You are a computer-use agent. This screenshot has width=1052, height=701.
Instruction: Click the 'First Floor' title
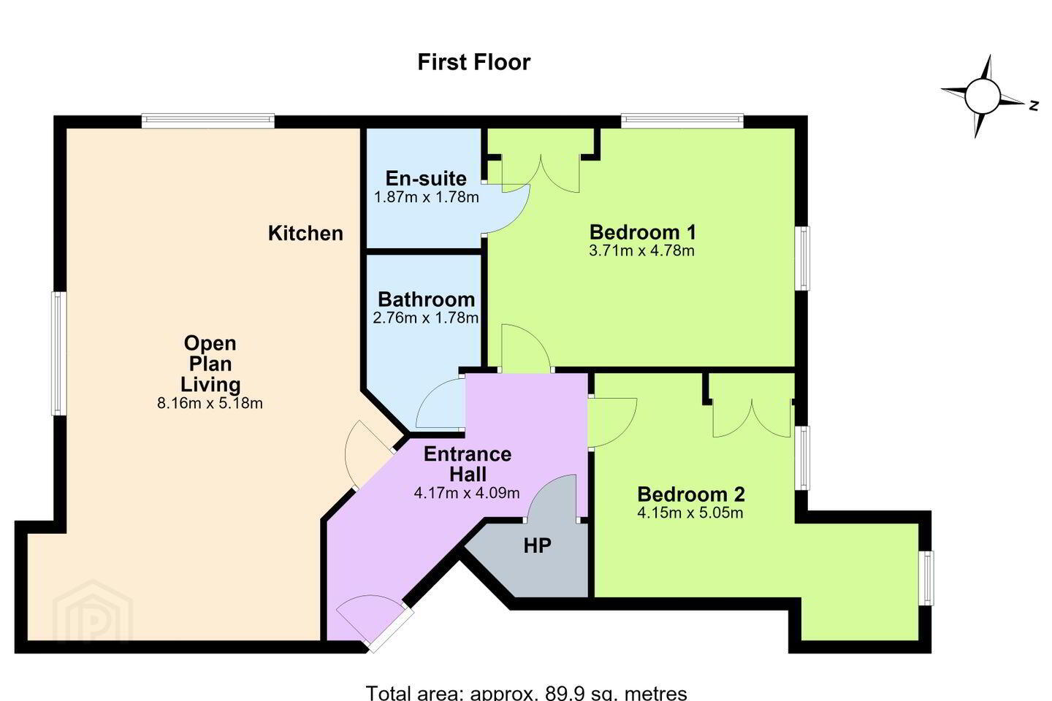pos(474,63)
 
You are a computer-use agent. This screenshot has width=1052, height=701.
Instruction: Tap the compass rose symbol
pos(983,96)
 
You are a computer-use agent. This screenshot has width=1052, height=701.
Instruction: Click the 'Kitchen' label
pos(305,234)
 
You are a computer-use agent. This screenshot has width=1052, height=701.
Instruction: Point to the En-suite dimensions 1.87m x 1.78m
pos(427,197)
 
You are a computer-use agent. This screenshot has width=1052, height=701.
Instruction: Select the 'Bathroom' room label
pos(427,299)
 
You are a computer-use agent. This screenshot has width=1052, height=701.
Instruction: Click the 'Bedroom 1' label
pos(642,232)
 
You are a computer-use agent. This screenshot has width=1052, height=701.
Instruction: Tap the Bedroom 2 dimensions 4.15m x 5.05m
pos(690,513)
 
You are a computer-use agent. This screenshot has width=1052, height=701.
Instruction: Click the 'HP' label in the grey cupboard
pos(537,545)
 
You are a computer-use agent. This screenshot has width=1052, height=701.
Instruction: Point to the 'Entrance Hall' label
pos(468,464)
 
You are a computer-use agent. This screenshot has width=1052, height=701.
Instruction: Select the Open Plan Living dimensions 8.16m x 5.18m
pos(210,403)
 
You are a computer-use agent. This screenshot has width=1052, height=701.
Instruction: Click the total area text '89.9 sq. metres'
pos(616,693)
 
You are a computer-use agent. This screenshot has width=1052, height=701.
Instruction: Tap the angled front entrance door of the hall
pos(371,620)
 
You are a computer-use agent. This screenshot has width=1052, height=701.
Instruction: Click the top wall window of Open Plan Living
pos(208,120)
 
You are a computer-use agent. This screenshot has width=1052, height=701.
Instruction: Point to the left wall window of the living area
pos(58,353)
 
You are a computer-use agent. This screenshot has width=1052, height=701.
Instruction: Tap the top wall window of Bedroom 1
pos(682,120)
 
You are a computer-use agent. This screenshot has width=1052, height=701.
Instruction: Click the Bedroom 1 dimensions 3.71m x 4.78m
pos(642,250)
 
